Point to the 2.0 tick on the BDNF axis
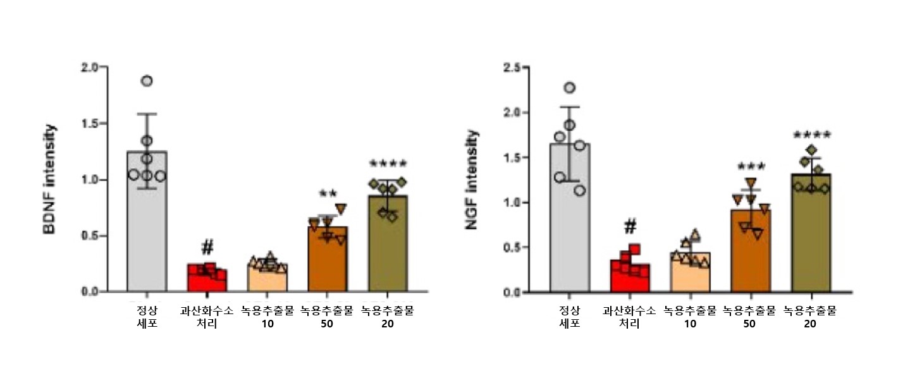[89, 67]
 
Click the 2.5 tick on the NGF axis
[512, 67]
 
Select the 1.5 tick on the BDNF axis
[89, 123]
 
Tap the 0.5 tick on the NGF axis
[512, 247]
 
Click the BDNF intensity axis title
[50, 179]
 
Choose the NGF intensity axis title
[472, 179]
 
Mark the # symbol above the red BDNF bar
[207, 247]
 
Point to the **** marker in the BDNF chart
[388, 165]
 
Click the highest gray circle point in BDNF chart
[147, 81]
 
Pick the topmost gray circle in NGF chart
[569, 87]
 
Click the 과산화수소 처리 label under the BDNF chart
[207, 317]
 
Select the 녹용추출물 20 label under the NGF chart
[810, 317]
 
